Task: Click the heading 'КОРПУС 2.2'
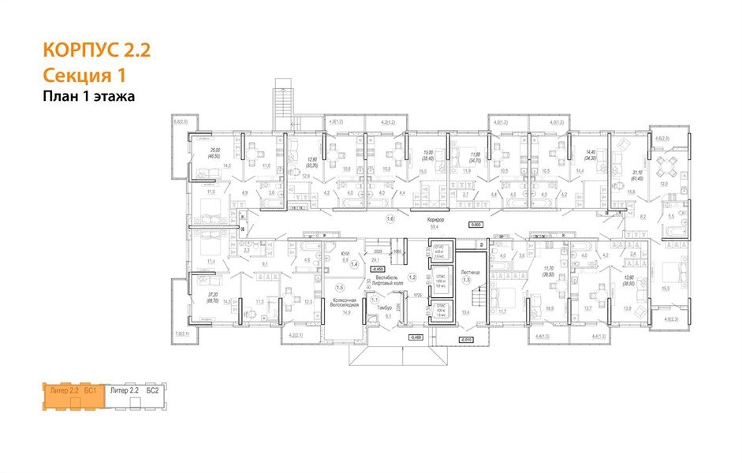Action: (95, 51)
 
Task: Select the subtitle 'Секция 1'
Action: (83, 76)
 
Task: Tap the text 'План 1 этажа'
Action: (88, 96)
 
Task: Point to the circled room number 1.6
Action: (389, 218)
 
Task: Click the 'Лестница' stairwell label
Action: (469, 269)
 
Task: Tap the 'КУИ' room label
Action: (345, 254)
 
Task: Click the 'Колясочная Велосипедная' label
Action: (345, 303)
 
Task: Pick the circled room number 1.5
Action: (340, 287)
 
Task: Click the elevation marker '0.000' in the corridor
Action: (475, 225)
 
